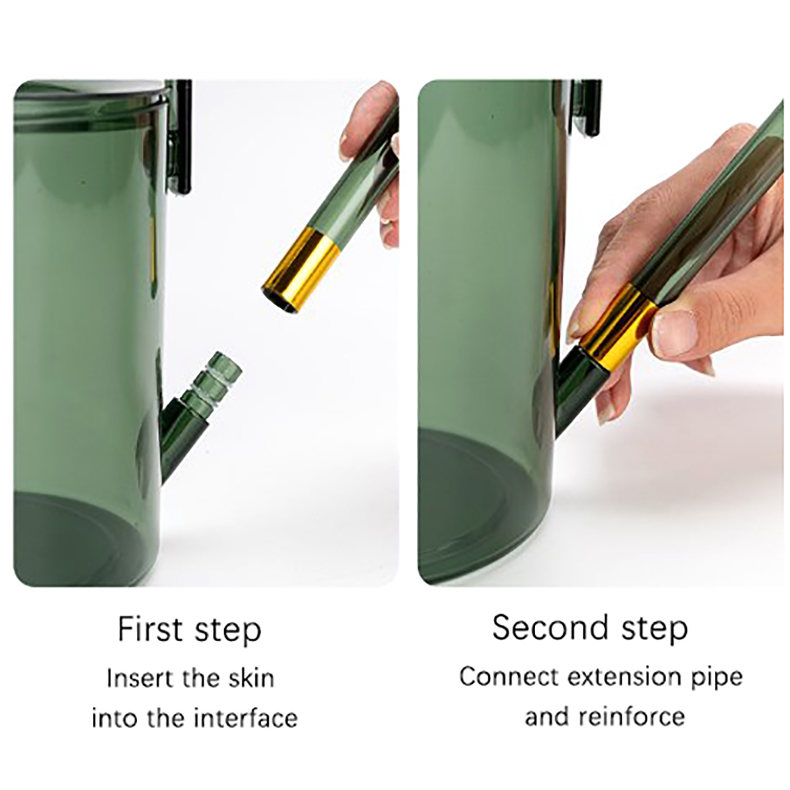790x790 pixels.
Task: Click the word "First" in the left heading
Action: (x=151, y=630)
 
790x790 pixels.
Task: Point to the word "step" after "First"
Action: (x=228, y=631)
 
